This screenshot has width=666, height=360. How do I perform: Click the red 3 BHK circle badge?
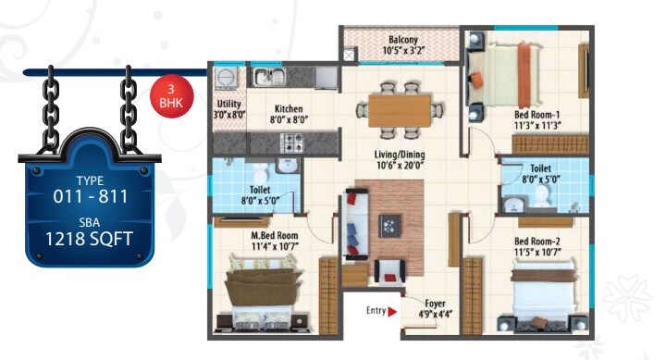(167, 96)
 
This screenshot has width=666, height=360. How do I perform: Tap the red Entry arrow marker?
(392, 312)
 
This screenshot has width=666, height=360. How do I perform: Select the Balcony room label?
(402, 39)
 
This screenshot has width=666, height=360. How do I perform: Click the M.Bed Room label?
(275, 234)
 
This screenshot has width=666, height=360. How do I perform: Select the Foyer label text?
(435, 304)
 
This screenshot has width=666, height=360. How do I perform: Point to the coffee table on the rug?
(390, 225)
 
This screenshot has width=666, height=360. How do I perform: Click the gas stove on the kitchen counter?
(294, 143)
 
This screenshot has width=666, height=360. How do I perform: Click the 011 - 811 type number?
(90, 195)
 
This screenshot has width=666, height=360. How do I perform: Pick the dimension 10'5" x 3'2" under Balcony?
(402, 51)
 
